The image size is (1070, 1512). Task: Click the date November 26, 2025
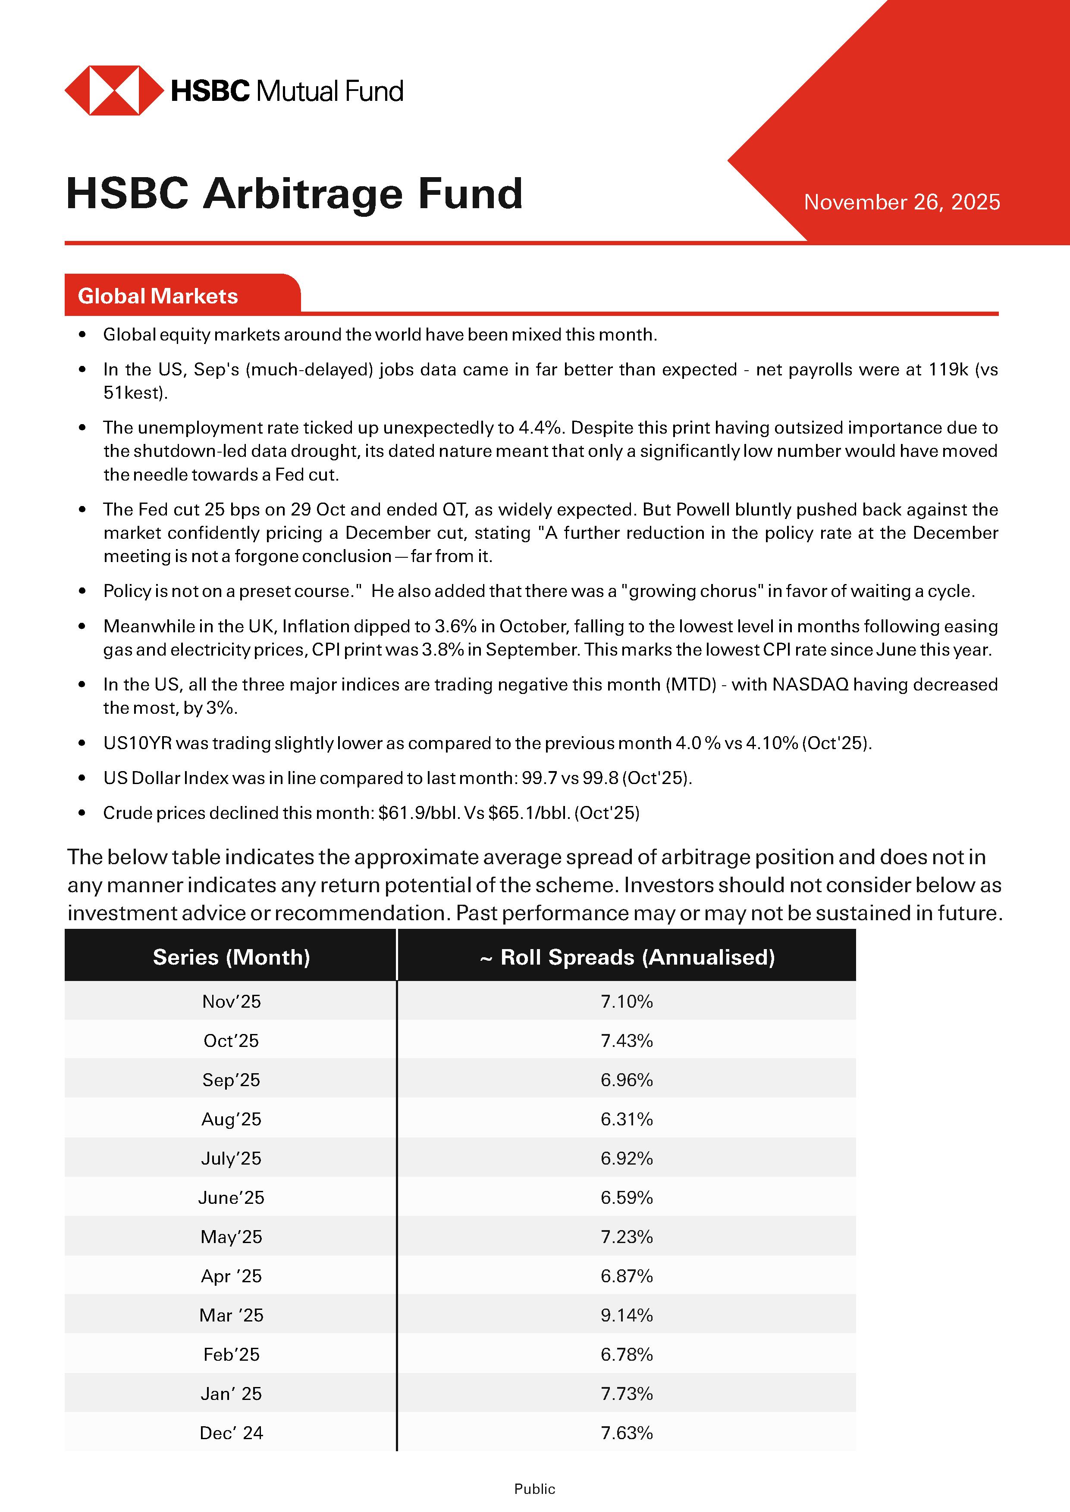(901, 202)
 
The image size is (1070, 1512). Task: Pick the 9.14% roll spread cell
(627, 1315)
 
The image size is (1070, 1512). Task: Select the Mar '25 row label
(231, 1315)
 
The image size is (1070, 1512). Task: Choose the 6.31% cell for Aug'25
(627, 1119)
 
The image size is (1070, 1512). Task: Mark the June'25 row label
(231, 1197)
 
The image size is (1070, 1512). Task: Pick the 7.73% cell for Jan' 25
(627, 1393)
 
